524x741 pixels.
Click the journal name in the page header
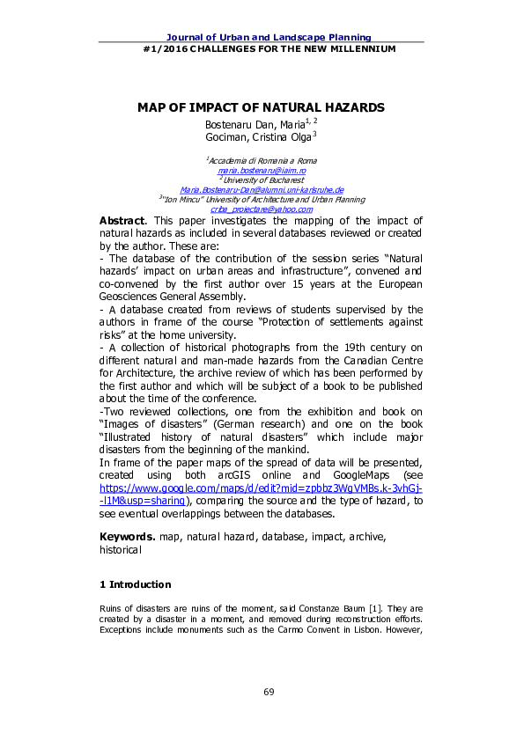(x=261, y=37)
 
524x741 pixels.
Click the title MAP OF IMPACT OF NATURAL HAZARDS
(x=261, y=107)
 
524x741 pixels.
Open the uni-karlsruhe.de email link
(x=261, y=189)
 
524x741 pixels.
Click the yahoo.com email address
(x=261, y=209)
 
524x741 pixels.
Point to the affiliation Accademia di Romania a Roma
(x=262, y=161)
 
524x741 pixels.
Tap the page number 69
(x=269, y=692)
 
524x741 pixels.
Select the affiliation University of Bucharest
(x=261, y=180)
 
